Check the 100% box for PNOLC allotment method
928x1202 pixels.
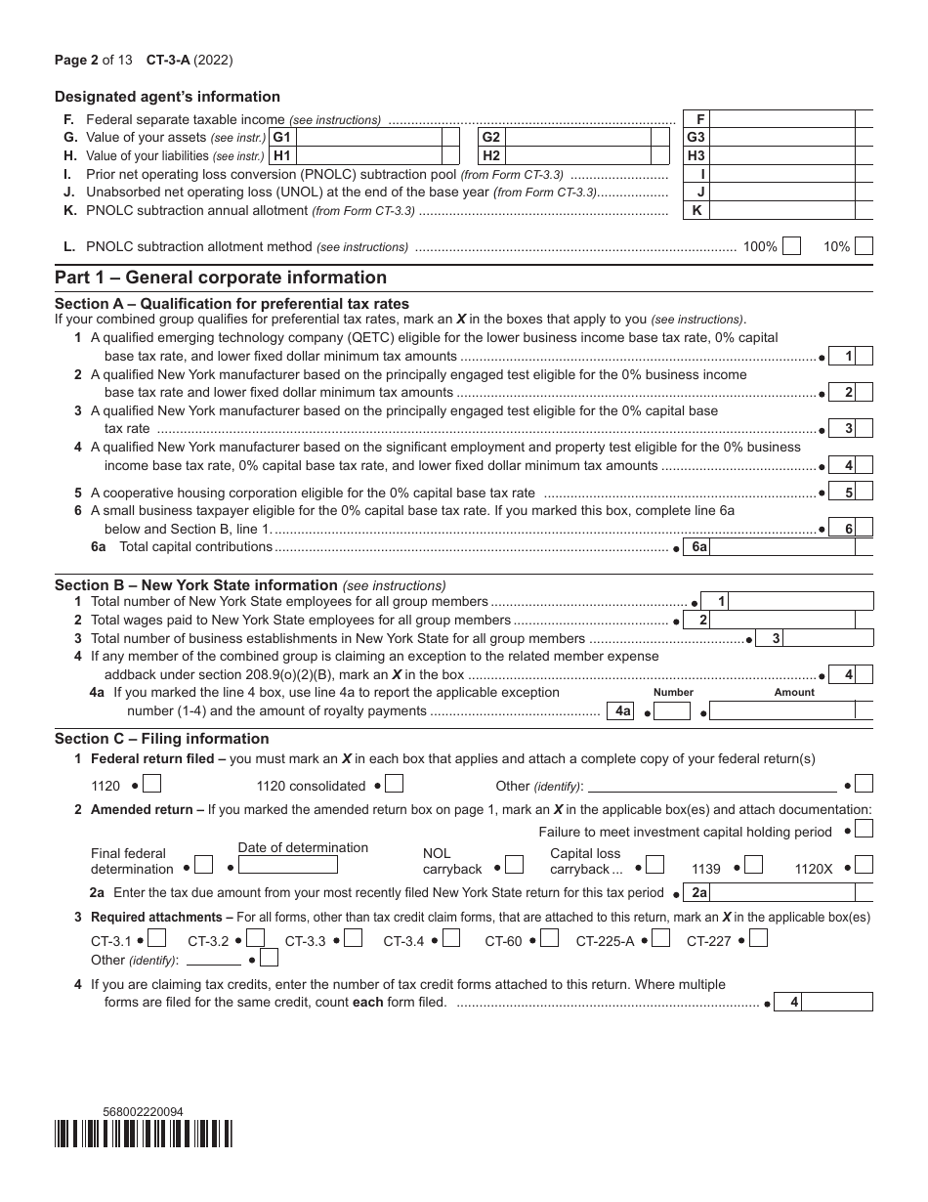(x=791, y=247)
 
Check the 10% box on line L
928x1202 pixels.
(x=864, y=247)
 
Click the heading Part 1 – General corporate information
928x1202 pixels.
(x=221, y=278)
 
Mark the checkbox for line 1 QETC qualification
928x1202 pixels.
(x=865, y=357)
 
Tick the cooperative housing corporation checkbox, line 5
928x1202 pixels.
(x=865, y=493)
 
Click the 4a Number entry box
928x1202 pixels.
(x=672, y=711)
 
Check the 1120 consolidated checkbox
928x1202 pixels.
(x=394, y=784)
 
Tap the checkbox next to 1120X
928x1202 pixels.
(x=865, y=865)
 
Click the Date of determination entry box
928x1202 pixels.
(x=288, y=865)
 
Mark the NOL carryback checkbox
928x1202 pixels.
(x=516, y=865)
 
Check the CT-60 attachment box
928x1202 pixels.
(x=550, y=939)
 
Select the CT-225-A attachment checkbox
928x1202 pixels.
(x=660, y=939)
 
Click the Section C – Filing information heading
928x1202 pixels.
(x=161, y=739)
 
